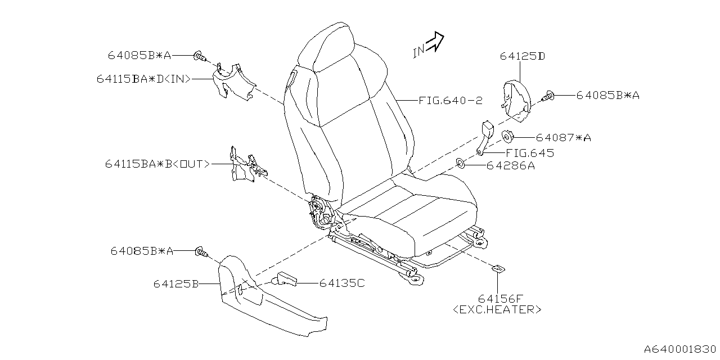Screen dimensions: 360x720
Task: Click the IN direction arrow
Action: (435, 42)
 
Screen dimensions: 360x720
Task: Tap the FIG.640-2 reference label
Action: (451, 101)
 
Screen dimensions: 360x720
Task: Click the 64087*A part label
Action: (563, 137)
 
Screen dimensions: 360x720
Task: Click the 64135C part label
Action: (341, 283)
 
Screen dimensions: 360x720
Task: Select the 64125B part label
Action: (175, 284)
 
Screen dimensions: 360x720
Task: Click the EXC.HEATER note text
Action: (498, 309)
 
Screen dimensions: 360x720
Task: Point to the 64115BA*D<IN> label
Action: (143, 79)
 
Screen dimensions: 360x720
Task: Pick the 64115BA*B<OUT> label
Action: (157, 164)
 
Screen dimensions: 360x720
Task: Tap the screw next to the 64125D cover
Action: (549, 97)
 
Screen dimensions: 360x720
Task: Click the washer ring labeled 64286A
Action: (460, 164)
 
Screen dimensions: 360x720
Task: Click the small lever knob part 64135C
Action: (287, 278)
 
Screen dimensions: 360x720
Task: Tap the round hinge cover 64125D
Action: (515, 100)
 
